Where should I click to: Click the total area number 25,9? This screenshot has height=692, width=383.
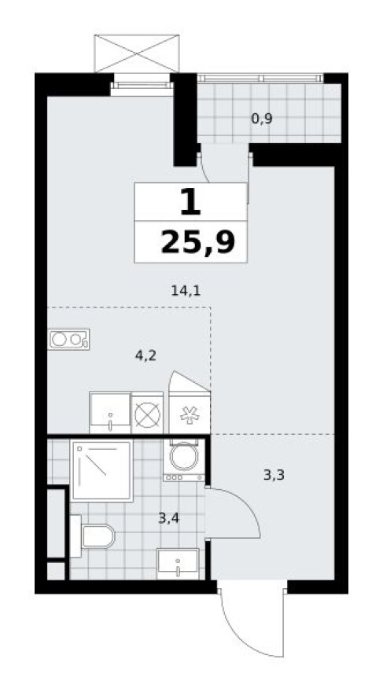click(197, 242)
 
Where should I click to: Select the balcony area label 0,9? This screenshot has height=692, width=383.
click(262, 119)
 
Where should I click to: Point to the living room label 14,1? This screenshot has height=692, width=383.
click(186, 290)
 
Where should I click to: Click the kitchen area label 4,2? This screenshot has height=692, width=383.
click(146, 355)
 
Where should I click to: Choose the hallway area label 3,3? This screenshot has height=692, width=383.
click(274, 475)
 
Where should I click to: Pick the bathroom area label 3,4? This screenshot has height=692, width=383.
click(168, 517)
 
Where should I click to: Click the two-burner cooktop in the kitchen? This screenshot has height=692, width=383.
click(68, 340)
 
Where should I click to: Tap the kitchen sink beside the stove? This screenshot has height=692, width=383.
click(110, 413)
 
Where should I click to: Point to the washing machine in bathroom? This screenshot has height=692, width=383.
click(183, 459)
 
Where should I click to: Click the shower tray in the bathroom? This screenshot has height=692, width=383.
click(101, 470)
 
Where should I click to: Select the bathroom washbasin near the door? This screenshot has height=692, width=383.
click(178, 564)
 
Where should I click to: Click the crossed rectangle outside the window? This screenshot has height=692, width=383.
click(137, 53)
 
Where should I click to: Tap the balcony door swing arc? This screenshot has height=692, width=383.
click(204, 170)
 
